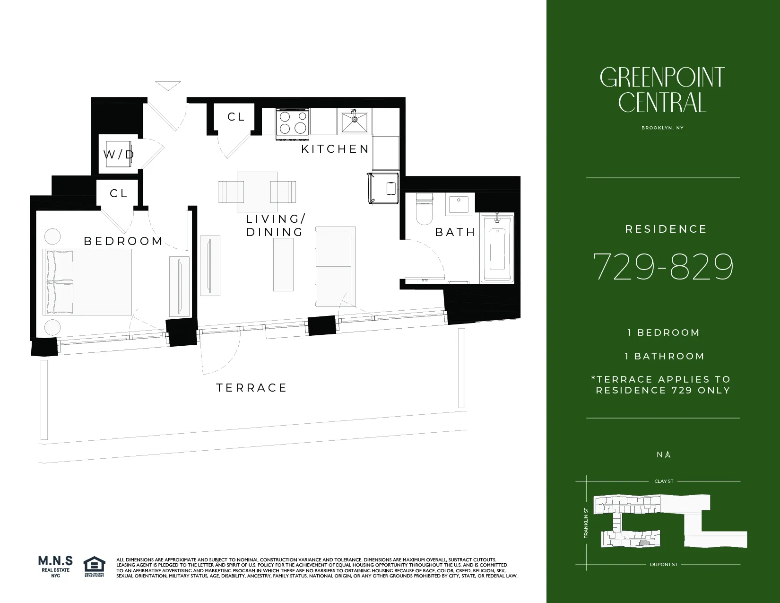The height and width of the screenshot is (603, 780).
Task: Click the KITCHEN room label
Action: click(335, 149)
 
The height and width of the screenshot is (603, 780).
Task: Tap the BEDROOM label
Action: click(123, 241)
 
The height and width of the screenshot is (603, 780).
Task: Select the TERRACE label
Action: click(251, 388)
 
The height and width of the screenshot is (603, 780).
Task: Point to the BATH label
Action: click(455, 232)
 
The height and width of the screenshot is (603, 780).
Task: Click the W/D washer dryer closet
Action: click(118, 154)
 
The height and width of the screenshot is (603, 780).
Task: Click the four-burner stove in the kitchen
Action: click(292, 122)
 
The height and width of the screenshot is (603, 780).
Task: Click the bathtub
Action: click(497, 248)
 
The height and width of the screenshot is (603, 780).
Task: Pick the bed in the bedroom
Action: click(87, 282)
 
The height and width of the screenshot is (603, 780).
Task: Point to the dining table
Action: click(257, 192)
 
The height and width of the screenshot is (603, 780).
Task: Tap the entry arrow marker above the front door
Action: click(168, 86)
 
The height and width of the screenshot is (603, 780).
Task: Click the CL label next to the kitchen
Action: click(236, 117)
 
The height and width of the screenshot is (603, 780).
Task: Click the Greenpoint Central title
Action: click(662, 90)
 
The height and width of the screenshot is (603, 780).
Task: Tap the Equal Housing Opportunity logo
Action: click(94, 567)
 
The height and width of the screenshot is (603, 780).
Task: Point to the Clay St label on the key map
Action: click(664, 481)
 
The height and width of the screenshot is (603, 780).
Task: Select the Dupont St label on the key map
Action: click(664, 565)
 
